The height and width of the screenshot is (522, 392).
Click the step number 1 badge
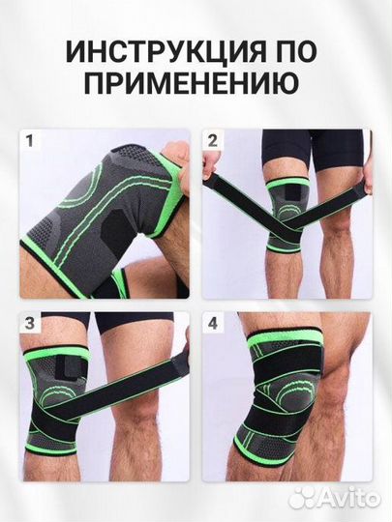pos(31,142)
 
